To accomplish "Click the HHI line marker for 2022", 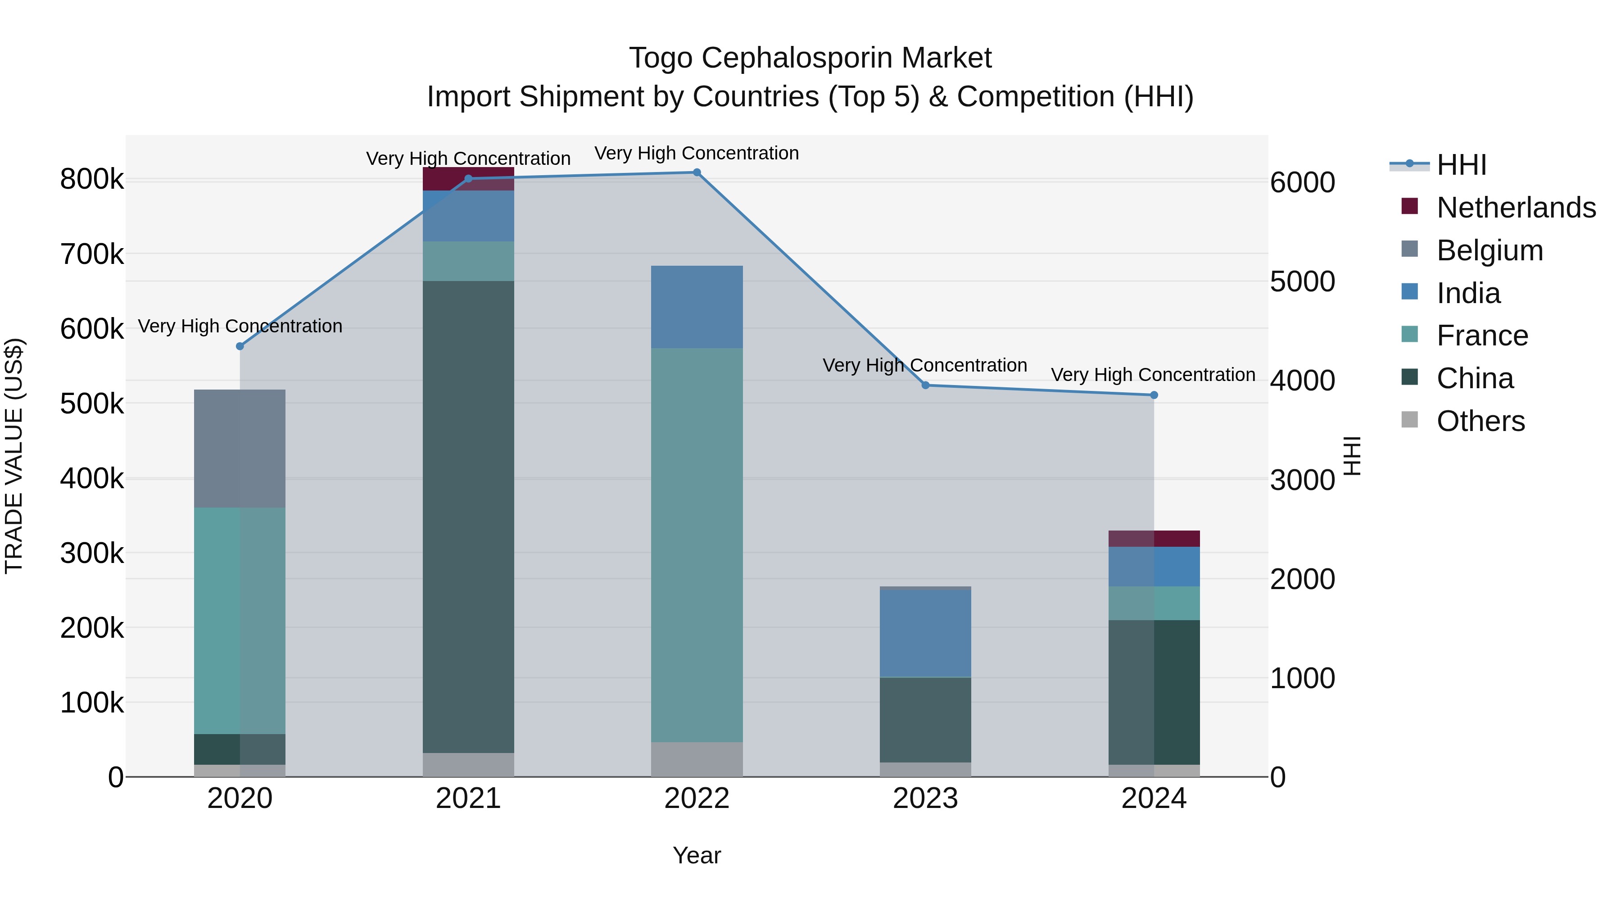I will pos(697,172).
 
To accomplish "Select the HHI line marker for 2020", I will pos(240,346).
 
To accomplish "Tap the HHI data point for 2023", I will pos(925,385).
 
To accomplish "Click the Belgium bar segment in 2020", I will pos(240,448).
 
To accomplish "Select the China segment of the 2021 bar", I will pos(468,516).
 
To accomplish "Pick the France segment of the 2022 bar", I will pos(697,544).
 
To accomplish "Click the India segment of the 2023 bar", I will pos(925,633).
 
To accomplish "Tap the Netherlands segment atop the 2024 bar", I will pos(1154,539).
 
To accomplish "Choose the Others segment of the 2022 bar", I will pos(697,759).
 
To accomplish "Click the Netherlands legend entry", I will pos(1515,208).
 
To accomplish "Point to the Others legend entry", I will pos(1480,421).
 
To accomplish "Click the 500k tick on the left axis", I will pos(92,404).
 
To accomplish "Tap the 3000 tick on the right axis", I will pos(1302,480).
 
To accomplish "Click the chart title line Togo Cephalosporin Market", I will pos(810,58).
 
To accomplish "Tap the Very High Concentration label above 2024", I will pos(1153,375).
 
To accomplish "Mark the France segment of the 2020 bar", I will pos(240,620).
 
